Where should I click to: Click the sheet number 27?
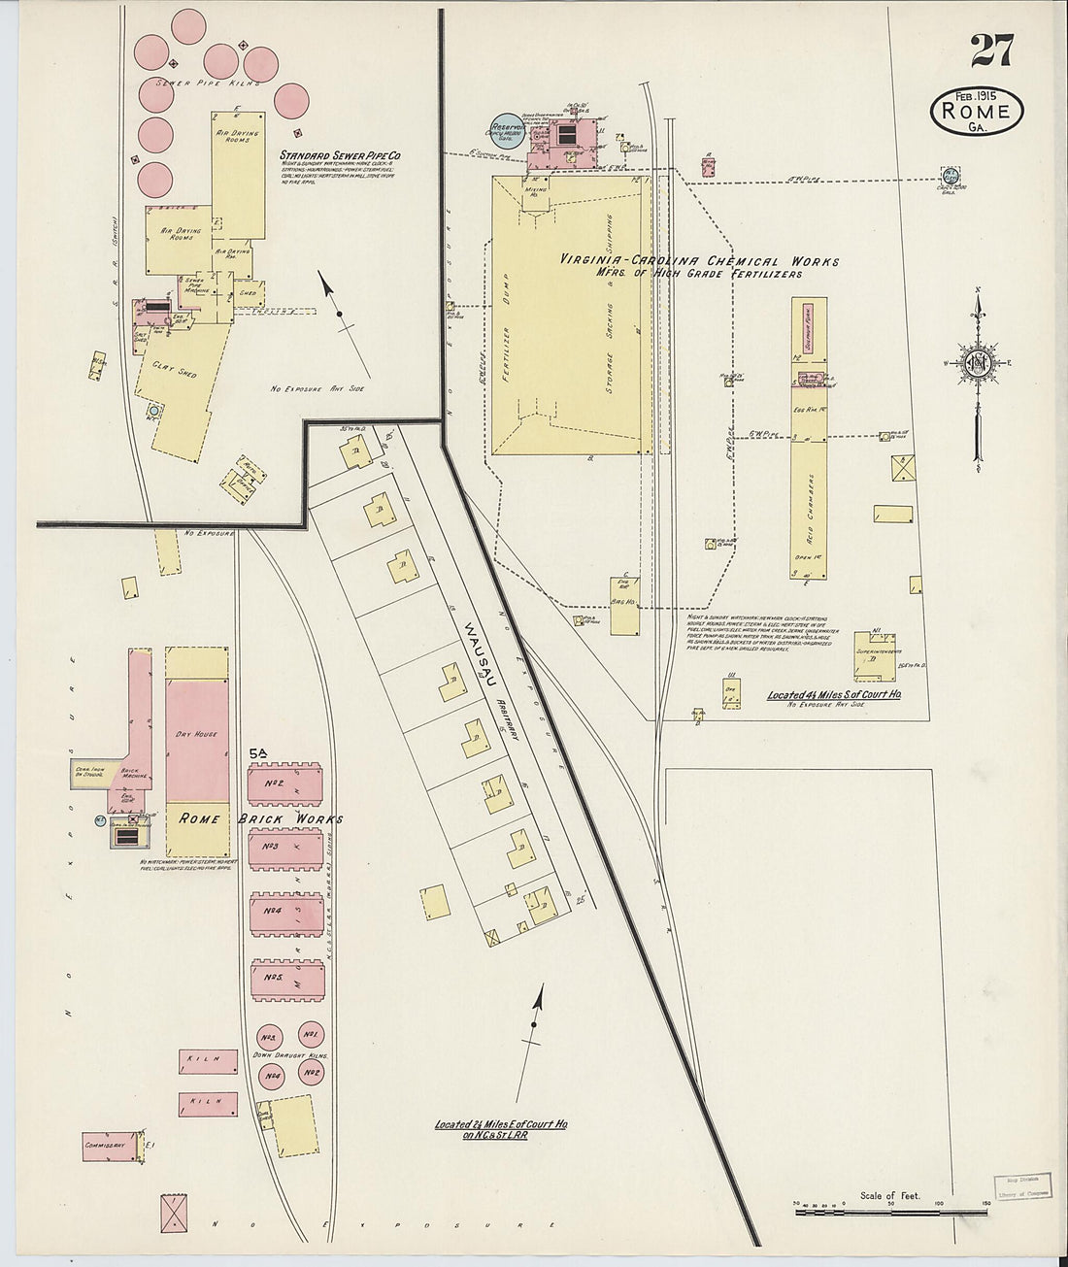[990, 50]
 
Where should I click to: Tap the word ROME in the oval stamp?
[977, 111]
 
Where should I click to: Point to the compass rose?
[979, 361]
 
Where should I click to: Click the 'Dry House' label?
[196, 734]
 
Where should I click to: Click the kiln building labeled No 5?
[284, 980]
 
